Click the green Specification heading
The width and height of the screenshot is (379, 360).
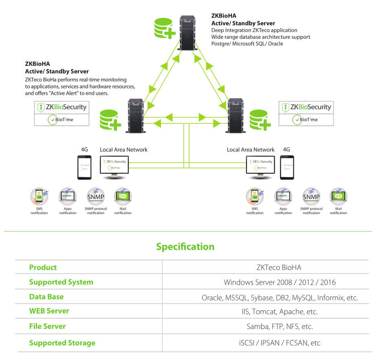click(x=185, y=247)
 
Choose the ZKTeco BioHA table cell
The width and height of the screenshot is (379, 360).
click(x=279, y=267)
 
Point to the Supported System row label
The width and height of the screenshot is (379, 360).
click(x=61, y=282)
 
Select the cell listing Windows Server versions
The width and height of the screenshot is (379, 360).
click(x=280, y=282)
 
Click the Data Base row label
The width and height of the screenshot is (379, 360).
click(x=46, y=297)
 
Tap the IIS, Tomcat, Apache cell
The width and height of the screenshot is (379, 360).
click(x=280, y=311)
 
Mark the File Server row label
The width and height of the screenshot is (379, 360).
click(x=47, y=326)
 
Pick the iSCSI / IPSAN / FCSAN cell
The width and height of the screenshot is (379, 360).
click(x=280, y=343)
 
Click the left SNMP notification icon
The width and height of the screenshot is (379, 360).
click(x=96, y=197)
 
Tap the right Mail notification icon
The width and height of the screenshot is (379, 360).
click(x=338, y=197)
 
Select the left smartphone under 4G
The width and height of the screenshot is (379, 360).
click(x=84, y=167)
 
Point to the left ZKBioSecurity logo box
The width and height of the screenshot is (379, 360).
click(x=62, y=107)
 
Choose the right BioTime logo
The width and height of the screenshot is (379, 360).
click(x=305, y=120)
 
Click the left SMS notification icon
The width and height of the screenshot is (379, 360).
click(x=39, y=197)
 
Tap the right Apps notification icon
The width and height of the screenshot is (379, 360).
click(x=283, y=197)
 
